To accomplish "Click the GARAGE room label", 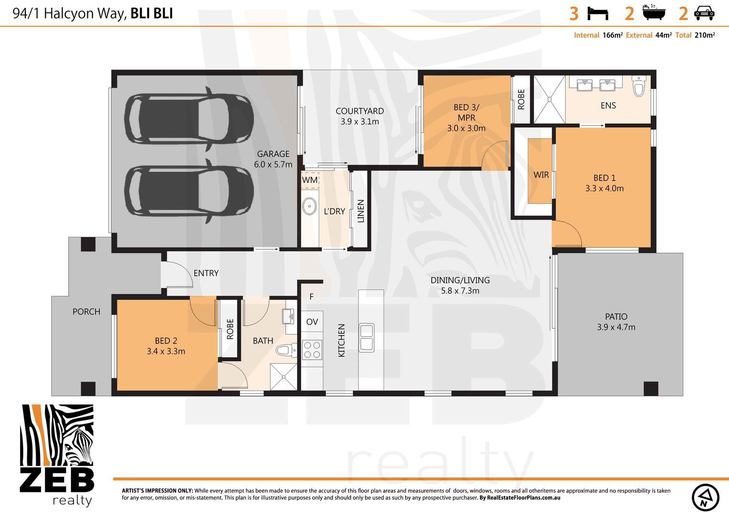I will click(x=273, y=159).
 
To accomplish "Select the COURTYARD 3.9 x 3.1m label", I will click(x=360, y=116).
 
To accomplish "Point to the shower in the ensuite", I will click(x=549, y=99).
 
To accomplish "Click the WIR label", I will click(x=541, y=175).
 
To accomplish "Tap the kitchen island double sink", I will click(x=366, y=337).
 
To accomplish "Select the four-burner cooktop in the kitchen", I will click(x=312, y=349).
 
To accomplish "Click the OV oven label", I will click(x=312, y=322).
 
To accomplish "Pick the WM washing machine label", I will click(x=310, y=180).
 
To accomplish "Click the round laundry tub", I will click(x=310, y=207).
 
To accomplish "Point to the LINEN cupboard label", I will click(x=361, y=211).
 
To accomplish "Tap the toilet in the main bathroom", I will click(x=286, y=351).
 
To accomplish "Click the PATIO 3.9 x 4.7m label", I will click(x=616, y=322).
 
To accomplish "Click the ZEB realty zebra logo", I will click(x=57, y=454).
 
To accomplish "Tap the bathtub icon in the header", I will click(x=653, y=13).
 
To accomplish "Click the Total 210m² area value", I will click(x=704, y=35).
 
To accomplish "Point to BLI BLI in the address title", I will click(x=152, y=13).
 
